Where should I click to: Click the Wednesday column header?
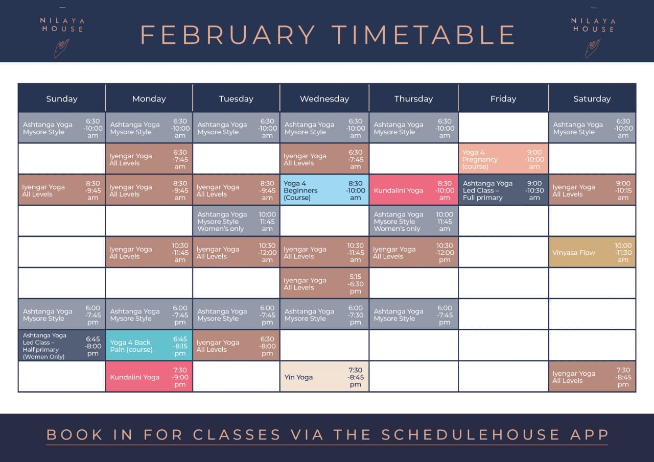pos(324,99)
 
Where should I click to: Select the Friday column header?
pos(503,99)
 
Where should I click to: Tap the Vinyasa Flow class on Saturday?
pos(592,252)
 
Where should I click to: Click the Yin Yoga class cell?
pos(324,377)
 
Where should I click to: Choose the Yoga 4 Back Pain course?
pos(149,346)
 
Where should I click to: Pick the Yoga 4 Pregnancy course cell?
pos(503,159)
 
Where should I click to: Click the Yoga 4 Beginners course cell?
pos(324,190)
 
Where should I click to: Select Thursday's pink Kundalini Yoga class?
pos(413,190)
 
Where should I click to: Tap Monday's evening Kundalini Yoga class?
pos(149,377)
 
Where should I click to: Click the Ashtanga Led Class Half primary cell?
pos(62,346)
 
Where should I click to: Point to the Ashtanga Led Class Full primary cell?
pos(503,190)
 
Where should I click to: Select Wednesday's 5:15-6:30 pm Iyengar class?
pos(324,283)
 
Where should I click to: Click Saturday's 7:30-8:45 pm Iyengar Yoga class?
pos(592,377)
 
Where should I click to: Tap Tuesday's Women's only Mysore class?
pos(236,221)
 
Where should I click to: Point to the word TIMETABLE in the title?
pos(424,35)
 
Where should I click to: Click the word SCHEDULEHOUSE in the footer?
pos(471,434)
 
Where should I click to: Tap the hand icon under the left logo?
pos(62,48)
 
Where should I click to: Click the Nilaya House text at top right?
pos(594,25)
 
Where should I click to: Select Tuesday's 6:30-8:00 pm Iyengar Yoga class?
pos(236,346)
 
